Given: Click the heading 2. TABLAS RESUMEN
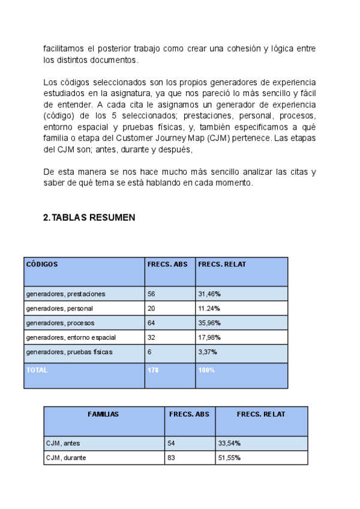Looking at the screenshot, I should [x=89, y=218].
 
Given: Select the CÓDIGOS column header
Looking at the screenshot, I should [x=42, y=264].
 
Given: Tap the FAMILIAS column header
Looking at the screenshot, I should [x=103, y=414].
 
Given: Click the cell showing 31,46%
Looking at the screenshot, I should [x=209, y=294].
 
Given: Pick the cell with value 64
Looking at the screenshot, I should [x=152, y=323].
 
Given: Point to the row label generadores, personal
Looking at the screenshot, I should [x=59, y=309].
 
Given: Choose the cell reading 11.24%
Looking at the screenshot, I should [x=209, y=309].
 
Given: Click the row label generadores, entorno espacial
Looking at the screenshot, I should [x=71, y=337].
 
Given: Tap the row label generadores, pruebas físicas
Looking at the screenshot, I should [x=69, y=352].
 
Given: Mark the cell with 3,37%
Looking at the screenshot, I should [x=208, y=352].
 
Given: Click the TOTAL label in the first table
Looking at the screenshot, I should [x=37, y=370].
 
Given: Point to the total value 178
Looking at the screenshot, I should [x=154, y=370].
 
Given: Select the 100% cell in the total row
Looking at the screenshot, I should [x=206, y=370].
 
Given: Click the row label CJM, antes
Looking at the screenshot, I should [x=63, y=444].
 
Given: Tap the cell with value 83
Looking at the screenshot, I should [x=172, y=458].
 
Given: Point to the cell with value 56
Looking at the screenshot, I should [x=152, y=294].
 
